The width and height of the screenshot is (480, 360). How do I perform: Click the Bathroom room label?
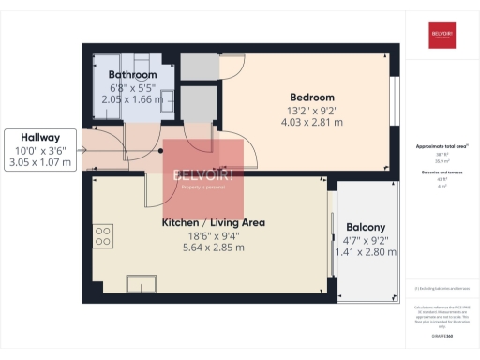131,74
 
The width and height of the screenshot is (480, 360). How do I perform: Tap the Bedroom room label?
312,97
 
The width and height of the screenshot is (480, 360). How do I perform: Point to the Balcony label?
366,228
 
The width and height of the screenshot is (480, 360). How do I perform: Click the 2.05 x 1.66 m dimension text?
131,97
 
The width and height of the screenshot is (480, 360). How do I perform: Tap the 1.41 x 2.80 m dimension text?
366,252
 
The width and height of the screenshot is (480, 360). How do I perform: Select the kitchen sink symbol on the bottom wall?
144,282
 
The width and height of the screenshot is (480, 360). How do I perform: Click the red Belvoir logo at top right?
442,35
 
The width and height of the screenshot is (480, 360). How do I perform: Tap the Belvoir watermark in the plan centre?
204,178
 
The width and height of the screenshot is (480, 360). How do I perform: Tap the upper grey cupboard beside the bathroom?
196,66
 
